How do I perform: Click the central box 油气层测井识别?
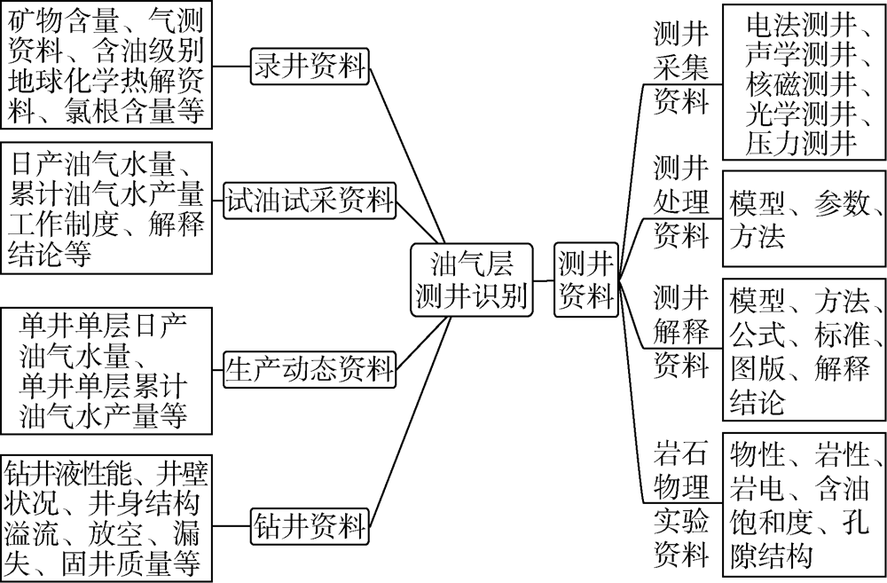472,280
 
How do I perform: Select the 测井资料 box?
586,280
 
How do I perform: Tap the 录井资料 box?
310,67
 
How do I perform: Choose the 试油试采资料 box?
310,201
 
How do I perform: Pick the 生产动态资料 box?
310,370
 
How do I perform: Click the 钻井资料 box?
310,526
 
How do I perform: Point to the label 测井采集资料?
681,68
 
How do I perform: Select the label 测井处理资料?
681,201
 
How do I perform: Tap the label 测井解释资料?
681,332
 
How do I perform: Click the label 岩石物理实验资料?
681,504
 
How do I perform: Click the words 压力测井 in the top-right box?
801,143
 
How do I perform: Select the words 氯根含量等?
134,111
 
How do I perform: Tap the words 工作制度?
63,225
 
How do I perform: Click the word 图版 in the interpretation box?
757,368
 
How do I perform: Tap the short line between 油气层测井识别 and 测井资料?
544,280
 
